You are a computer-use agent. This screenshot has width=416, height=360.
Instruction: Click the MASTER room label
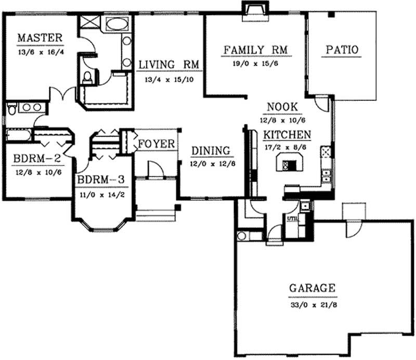click(40, 38)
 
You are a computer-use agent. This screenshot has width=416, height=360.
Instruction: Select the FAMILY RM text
click(255, 50)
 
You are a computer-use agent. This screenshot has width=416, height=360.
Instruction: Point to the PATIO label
click(342, 50)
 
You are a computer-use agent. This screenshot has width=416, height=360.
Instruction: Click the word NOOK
click(282, 107)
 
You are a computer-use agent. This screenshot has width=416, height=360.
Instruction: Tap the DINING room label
click(211, 151)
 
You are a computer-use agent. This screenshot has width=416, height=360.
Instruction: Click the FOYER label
click(157, 143)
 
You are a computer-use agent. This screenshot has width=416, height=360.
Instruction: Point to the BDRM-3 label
click(101, 180)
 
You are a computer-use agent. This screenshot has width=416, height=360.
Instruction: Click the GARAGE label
click(312, 288)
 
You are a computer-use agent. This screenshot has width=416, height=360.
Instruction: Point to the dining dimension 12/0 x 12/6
click(211, 163)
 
